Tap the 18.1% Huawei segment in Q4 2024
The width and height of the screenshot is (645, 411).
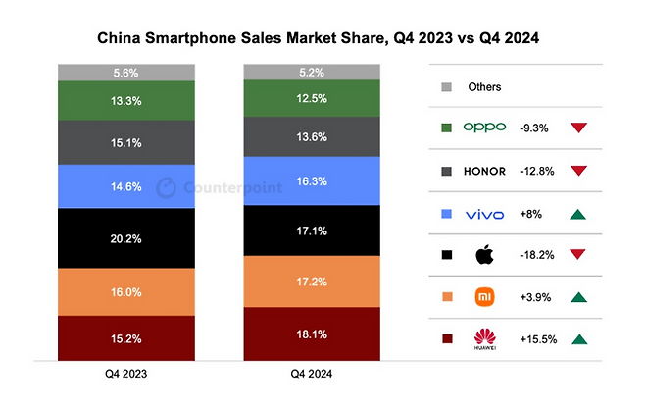(x=313, y=334)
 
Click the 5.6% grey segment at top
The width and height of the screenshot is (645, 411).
(x=127, y=72)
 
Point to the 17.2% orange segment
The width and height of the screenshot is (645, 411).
(x=313, y=281)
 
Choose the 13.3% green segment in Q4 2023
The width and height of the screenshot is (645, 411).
(x=127, y=99)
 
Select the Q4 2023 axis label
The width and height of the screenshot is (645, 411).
(x=127, y=375)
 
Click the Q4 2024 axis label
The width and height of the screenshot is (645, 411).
(x=313, y=375)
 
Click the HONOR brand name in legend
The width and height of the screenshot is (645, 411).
(x=484, y=171)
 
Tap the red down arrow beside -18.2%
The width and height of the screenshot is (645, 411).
(x=578, y=255)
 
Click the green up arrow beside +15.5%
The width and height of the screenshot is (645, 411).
(x=578, y=339)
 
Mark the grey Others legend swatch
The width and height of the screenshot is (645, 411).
(x=447, y=86)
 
